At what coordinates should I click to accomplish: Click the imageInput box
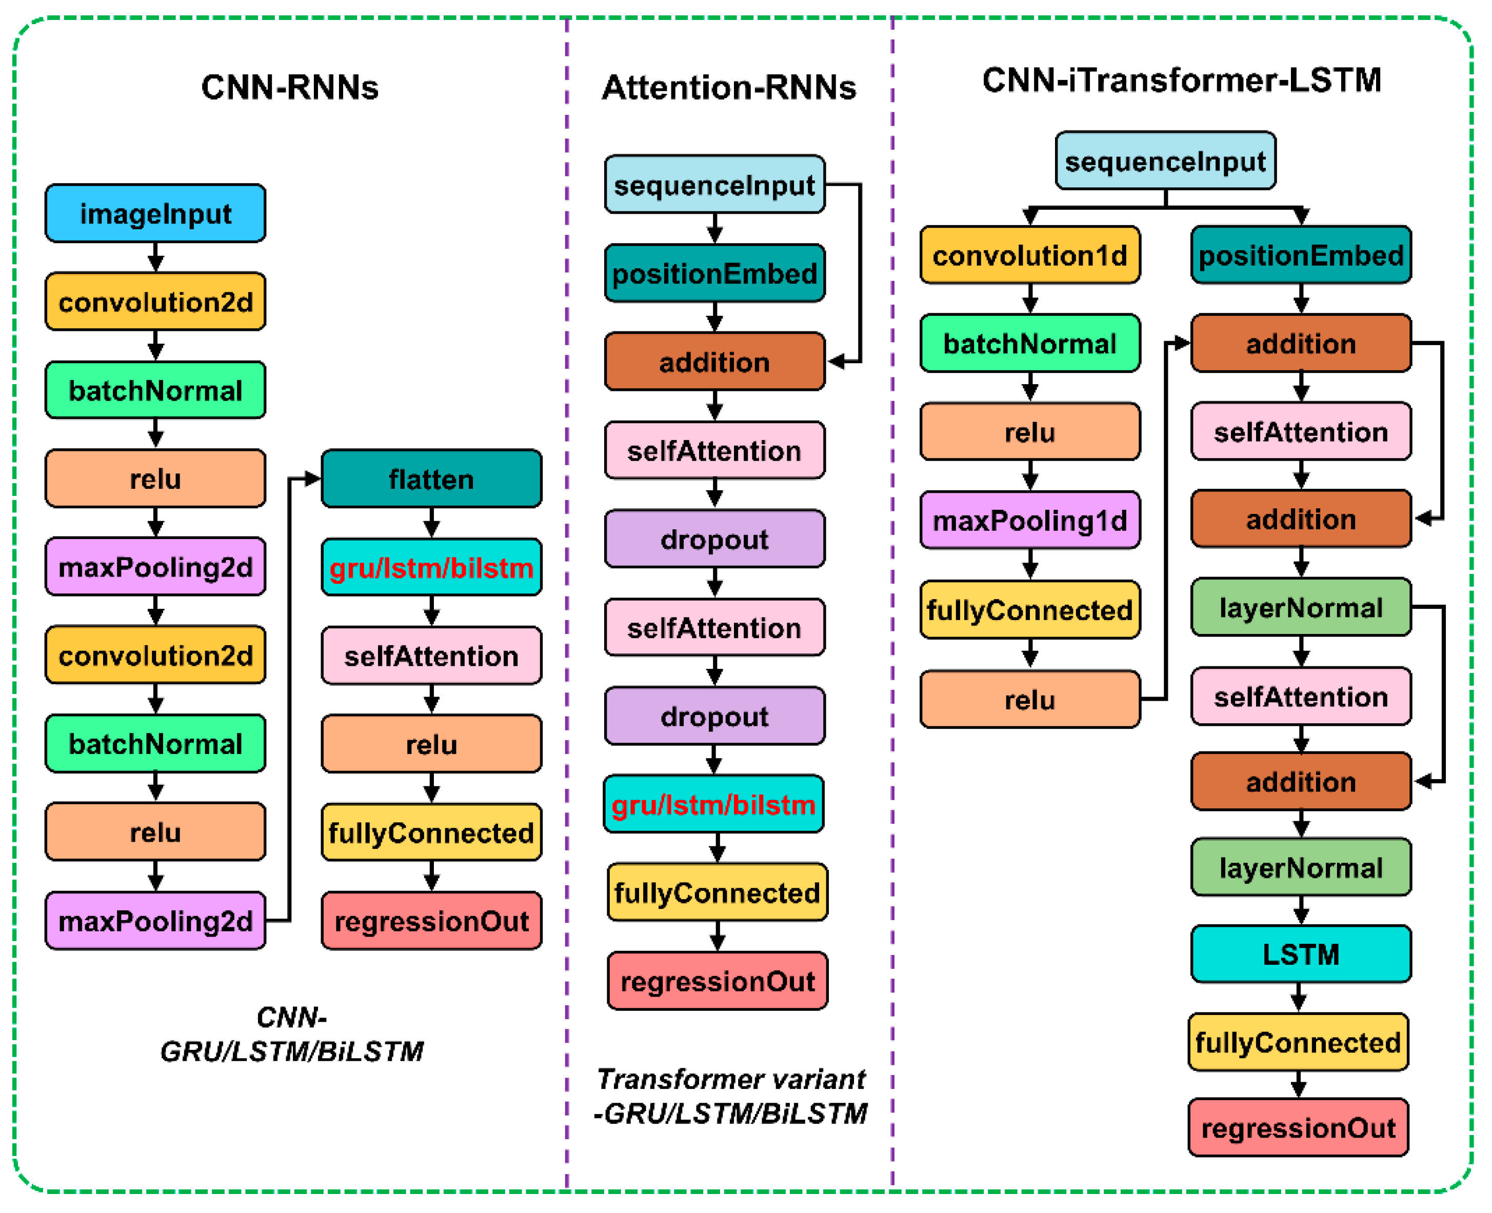(x=155, y=213)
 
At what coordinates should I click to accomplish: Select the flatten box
(x=431, y=479)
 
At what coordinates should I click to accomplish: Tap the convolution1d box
(x=1029, y=255)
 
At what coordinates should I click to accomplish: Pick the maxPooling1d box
(x=1029, y=520)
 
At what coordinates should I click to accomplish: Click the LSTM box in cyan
(x=1301, y=954)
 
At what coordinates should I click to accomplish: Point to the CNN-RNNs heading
(x=289, y=87)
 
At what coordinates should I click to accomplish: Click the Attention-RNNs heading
(x=729, y=87)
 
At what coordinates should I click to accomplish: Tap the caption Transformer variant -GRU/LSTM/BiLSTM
(x=730, y=1096)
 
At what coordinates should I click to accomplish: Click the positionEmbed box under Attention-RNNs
(x=714, y=273)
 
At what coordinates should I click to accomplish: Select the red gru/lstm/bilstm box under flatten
(x=431, y=567)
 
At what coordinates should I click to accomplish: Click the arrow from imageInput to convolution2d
(x=155, y=257)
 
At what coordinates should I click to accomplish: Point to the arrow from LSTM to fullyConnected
(x=1299, y=998)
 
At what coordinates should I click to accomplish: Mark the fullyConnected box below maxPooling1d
(x=1029, y=609)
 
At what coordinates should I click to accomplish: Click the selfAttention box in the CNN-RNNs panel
(x=431, y=655)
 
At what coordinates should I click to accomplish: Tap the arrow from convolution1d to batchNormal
(x=1029, y=299)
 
